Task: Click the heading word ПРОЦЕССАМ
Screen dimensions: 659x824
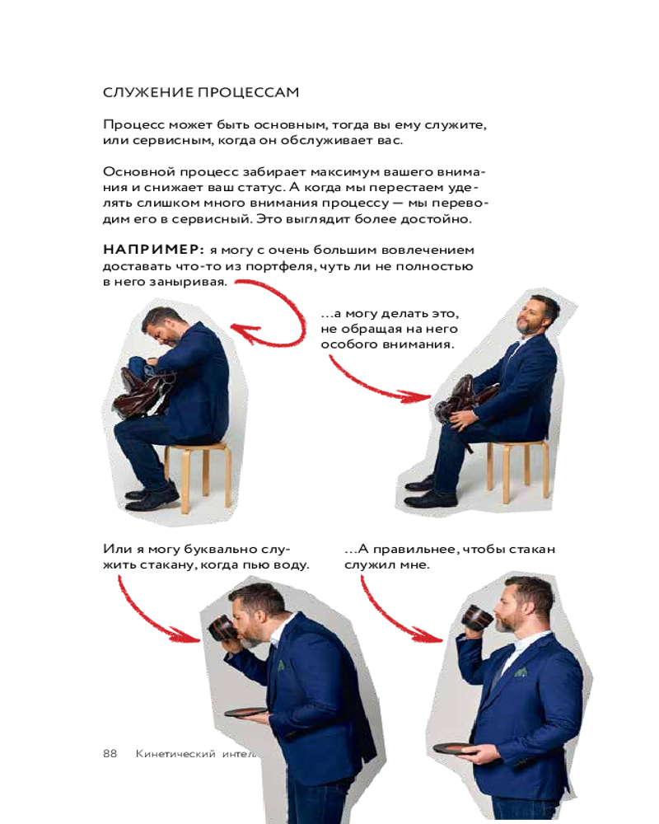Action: coord(249,92)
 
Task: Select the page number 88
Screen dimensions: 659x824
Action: coord(110,754)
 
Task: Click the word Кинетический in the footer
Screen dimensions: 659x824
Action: coord(175,754)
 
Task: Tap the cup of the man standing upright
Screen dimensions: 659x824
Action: coord(478,616)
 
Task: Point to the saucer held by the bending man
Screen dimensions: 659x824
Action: coord(246,713)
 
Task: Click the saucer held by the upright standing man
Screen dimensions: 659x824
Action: coord(456,749)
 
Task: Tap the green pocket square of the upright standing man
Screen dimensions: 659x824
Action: coord(521,671)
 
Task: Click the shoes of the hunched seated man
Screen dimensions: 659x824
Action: coord(152,497)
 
